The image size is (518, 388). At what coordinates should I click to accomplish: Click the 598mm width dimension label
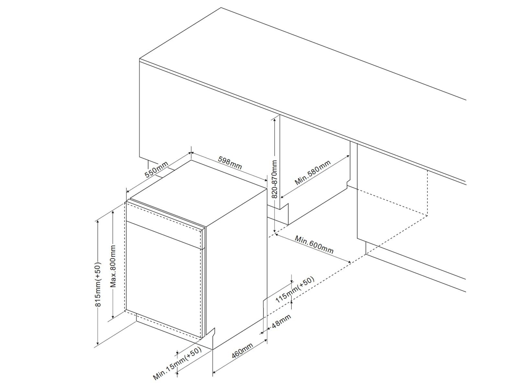point(230,163)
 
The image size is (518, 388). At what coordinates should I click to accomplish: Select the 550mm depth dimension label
point(156,169)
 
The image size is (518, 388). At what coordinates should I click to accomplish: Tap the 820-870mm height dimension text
point(275,179)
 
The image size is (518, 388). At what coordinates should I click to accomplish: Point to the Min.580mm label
point(313,172)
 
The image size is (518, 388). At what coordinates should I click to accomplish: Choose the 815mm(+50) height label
point(98,284)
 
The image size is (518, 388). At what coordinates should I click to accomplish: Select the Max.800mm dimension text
point(113,266)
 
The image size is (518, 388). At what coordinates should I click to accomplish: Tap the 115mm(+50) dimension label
point(295,290)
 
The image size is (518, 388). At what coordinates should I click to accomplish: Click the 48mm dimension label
point(281,321)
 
